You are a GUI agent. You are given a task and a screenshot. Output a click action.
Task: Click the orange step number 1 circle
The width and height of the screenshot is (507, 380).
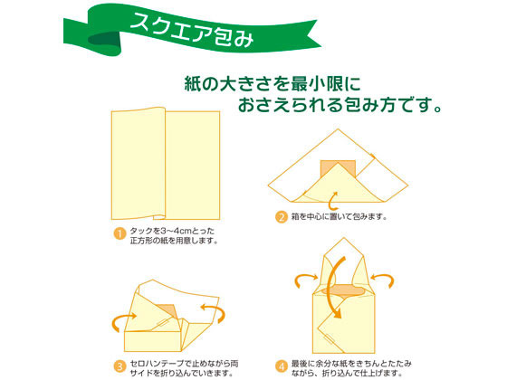(120, 233)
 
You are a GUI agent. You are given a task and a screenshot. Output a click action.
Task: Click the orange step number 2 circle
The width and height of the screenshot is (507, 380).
(282, 216)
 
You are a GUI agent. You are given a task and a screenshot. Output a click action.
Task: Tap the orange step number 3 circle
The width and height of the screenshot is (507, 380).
(120, 366)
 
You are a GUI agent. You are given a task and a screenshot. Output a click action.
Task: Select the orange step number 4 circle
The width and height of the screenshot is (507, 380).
(282, 366)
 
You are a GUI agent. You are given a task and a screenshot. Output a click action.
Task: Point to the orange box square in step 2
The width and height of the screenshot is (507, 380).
(338, 168)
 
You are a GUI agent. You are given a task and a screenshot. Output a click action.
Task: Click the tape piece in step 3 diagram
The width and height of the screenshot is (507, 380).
(164, 323)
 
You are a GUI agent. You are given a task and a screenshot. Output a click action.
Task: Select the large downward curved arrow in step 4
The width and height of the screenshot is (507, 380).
(332, 288)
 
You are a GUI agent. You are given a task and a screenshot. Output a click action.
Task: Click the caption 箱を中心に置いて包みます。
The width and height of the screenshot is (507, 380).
(340, 216)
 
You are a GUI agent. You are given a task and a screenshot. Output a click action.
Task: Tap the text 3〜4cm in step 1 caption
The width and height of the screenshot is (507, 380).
(177, 231)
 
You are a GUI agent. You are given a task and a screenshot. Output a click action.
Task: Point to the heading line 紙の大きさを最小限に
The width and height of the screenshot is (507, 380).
(273, 84)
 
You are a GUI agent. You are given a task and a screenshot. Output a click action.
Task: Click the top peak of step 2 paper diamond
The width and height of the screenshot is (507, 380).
(339, 128)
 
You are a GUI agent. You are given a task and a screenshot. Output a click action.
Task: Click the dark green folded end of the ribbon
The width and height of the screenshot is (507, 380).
(104, 40)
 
